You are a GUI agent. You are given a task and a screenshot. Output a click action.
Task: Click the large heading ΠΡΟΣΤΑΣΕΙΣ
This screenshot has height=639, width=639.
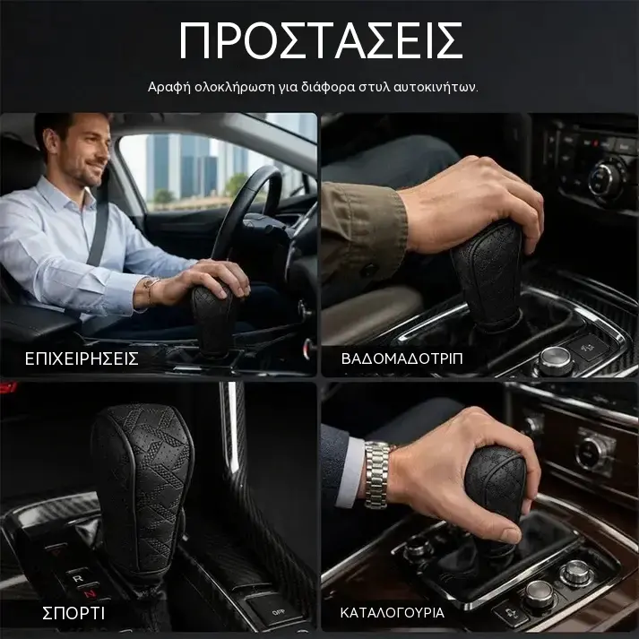pyautogui.click(x=321, y=40)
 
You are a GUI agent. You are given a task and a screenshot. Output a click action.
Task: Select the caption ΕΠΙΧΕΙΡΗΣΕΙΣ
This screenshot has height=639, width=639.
pyautogui.click(x=82, y=358)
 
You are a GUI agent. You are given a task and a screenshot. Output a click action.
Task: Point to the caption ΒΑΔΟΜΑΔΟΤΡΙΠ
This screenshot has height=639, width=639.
pyautogui.click(x=402, y=358)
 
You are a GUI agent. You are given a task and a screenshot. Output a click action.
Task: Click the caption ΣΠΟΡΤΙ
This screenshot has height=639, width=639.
pyautogui.click(x=73, y=613)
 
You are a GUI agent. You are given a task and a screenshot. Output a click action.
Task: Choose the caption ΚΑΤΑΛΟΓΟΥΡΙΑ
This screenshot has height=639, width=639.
pyautogui.click(x=392, y=612)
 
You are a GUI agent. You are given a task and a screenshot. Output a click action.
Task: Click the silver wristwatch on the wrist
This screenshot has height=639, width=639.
pyautogui.click(x=377, y=475)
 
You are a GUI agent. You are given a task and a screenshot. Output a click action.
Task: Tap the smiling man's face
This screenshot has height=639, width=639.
pyautogui.click(x=88, y=150)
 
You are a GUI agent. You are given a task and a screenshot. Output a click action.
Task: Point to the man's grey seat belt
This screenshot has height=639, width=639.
pyautogui.click(x=99, y=229)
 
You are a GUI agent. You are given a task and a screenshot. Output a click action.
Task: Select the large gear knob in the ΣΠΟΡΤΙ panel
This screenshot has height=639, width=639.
pyautogui.click(x=142, y=489)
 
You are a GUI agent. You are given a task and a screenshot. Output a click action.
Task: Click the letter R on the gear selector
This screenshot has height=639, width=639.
pyautogui.click(x=77, y=579)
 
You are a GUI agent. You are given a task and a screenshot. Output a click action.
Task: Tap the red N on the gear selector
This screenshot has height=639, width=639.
pyautogui.click(x=91, y=594)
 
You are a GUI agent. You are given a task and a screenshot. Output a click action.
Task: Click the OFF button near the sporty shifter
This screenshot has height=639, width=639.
pyautogui.click(x=279, y=612)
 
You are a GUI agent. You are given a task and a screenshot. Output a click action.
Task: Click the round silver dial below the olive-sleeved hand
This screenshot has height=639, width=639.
pyautogui.click(x=555, y=360)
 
